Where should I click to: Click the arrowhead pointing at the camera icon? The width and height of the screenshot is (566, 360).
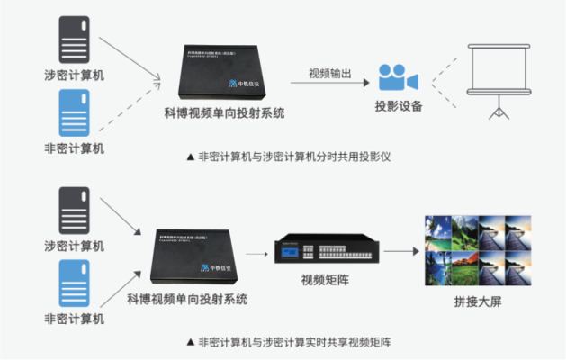[x=366, y=82]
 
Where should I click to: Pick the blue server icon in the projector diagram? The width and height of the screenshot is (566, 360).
[x=73, y=114]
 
